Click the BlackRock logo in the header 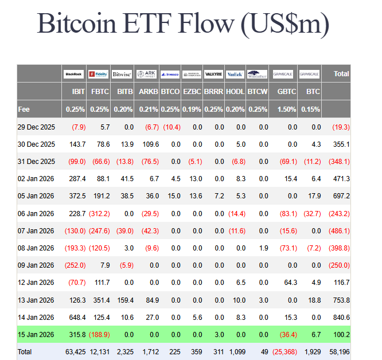73,74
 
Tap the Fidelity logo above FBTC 98,74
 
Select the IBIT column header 79,91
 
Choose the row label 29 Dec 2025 36,127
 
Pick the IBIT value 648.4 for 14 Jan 76,316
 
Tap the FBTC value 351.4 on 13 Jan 100,299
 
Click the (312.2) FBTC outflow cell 99,213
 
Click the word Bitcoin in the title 72,24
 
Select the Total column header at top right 341,74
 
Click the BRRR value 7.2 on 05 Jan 219,195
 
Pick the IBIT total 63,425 75,351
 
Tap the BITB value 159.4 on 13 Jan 124,299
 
